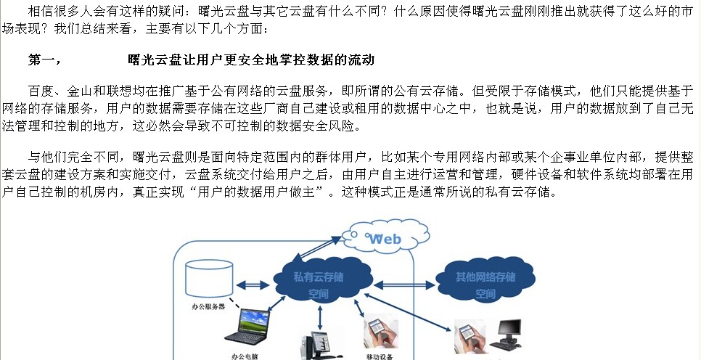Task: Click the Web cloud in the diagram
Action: (385, 236)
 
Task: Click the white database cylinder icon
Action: (209, 278)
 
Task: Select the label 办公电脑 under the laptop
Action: (245, 356)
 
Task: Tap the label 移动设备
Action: (379, 356)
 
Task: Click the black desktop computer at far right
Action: (506, 335)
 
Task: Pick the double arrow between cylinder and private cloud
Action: (253, 285)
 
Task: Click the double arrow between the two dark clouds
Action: (405, 285)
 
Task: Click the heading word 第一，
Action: (45, 60)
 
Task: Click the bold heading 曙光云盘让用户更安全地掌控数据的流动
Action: (251, 60)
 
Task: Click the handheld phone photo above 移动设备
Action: (381, 332)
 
